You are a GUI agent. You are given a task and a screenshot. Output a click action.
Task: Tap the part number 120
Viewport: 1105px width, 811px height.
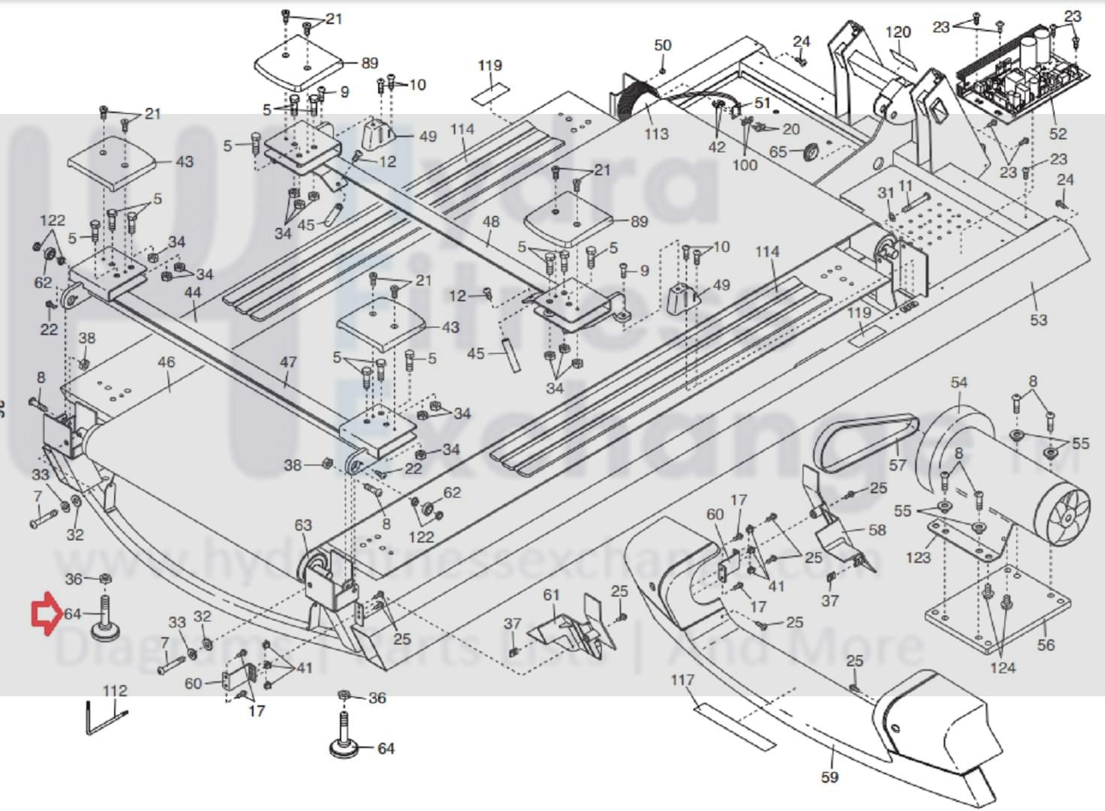tap(898, 32)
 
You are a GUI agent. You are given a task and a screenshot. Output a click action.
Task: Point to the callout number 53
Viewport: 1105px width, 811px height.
tap(1037, 320)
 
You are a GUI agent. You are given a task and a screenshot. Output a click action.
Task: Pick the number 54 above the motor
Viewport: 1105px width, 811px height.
tap(959, 383)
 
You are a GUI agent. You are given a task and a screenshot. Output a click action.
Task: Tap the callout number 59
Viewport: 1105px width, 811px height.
tap(829, 777)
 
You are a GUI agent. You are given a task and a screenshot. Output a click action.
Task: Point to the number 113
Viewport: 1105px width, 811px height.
tap(655, 134)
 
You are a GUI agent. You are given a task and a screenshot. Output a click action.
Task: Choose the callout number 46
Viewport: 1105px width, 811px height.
tap(166, 362)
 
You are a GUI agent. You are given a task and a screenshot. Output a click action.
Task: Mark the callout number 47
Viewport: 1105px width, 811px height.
tap(288, 362)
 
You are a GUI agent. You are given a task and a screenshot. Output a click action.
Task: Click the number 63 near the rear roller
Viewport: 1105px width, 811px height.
tap(303, 525)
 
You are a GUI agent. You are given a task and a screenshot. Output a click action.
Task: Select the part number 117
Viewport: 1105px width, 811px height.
tap(682, 680)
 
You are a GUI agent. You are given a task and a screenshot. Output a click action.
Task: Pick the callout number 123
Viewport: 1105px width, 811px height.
tap(917, 557)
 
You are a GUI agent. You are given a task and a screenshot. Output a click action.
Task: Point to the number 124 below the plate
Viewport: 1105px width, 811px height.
tap(1003, 667)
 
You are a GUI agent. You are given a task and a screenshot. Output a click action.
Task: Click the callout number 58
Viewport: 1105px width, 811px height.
tap(877, 530)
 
